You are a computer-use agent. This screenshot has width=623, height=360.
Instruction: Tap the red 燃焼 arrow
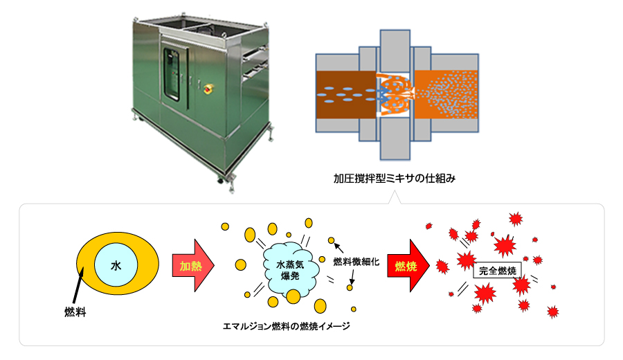point(410,265)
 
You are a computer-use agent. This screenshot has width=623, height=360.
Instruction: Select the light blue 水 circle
point(116,265)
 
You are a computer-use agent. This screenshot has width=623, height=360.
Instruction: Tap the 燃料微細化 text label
point(356,262)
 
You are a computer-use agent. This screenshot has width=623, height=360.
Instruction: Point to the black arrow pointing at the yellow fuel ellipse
point(75,290)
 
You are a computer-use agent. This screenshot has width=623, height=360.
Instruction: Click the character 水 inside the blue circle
point(116,265)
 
